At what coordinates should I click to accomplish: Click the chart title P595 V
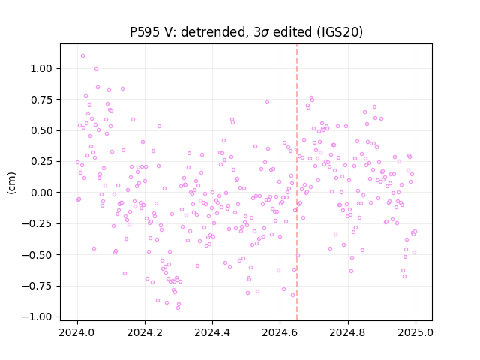tap(247, 32)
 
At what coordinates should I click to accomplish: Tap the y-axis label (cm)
tap(11, 183)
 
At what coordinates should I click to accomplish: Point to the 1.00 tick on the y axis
tap(41, 68)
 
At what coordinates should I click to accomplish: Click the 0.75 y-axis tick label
tap(41, 100)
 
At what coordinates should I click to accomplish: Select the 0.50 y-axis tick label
tap(41, 130)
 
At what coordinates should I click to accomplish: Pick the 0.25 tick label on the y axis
tap(41, 162)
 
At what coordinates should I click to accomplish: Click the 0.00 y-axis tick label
tap(41, 193)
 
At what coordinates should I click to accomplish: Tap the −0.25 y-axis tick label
tap(37, 223)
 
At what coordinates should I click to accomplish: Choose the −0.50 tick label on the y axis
tap(37, 255)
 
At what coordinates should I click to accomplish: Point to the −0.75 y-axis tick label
tap(37, 286)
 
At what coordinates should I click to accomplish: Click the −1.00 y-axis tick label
tap(37, 316)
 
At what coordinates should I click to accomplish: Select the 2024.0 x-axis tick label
tap(77, 332)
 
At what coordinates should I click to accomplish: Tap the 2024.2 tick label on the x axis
tap(145, 332)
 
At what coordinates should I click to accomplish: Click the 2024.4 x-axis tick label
tap(212, 332)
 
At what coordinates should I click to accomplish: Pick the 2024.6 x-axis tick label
tap(280, 332)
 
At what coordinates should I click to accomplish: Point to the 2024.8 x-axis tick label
tap(347, 332)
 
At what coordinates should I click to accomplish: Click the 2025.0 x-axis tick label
tap(415, 332)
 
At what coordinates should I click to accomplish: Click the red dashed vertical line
tap(297, 182)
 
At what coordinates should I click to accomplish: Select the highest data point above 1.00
tap(82, 56)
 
